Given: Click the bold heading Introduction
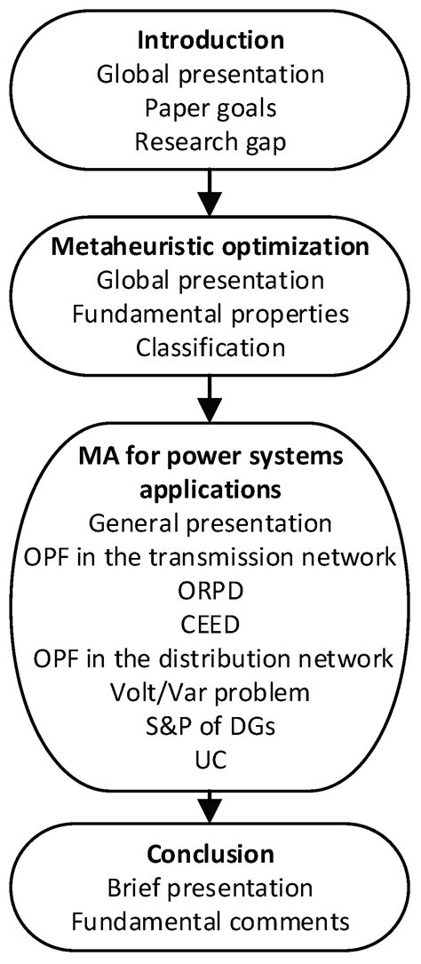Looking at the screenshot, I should [x=210, y=41].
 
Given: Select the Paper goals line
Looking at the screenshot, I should [x=210, y=105].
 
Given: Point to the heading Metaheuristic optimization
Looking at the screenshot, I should [x=210, y=249].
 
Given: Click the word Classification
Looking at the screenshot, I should [x=210, y=347].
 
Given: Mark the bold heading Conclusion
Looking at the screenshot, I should [x=210, y=856].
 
